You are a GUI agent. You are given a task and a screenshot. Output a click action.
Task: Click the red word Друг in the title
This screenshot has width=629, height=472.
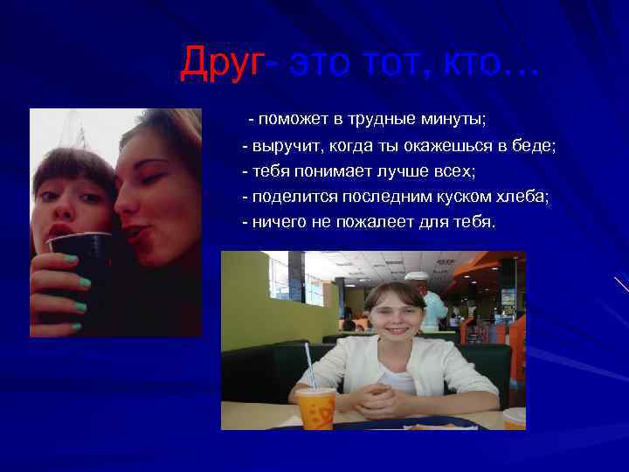pos(221,63)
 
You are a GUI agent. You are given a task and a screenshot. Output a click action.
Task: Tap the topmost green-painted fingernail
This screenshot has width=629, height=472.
pos(71,258)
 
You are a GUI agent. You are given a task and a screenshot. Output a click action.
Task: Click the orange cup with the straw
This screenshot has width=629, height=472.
pos(315,408)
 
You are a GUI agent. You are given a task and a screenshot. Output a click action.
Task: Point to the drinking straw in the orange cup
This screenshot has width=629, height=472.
pos(308,365)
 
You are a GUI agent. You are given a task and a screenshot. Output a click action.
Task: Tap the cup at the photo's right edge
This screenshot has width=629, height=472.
pos(515,418)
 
